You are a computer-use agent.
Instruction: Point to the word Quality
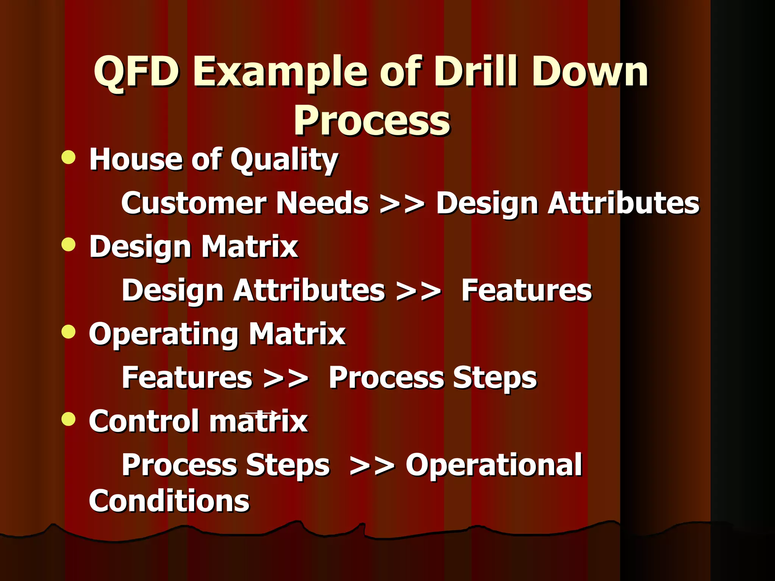(x=284, y=160)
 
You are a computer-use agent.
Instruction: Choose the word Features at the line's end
(x=526, y=290)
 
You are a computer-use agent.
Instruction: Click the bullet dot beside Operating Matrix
(x=68, y=332)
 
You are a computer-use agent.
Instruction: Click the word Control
(x=143, y=421)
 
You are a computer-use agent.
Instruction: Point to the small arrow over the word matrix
(x=261, y=413)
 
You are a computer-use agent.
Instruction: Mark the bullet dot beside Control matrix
(x=68, y=419)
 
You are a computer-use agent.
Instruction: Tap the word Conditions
(x=169, y=501)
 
